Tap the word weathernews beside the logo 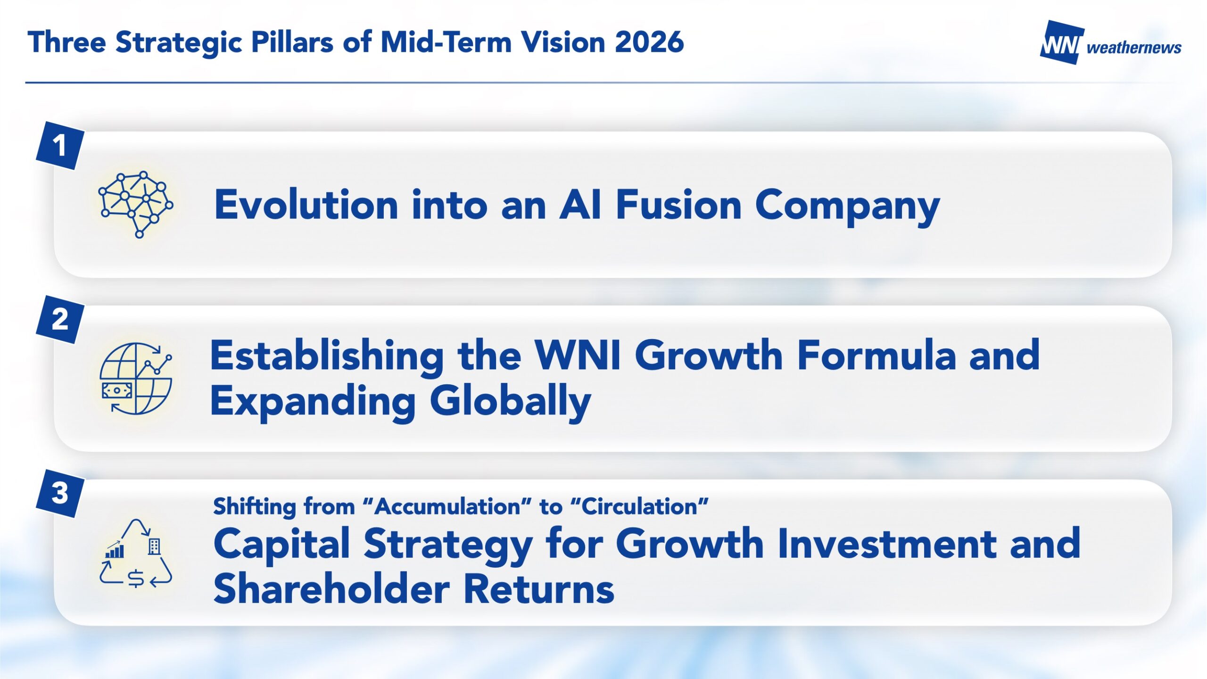[x=1134, y=48]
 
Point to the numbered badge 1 [x=60, y=145]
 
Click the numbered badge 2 [x=60, y=319]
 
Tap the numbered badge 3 [x=60, y=493]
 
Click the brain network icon [x=136, y=204]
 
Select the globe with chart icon [x=136, y=379]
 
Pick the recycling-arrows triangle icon [x=136, y=554]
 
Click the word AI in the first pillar [x=580, y=205]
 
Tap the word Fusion [x=679, y=205]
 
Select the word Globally [x=510, y=401]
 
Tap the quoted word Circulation [x=639, y=507]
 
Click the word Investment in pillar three [x=887, y=544]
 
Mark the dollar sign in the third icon [x=136, y=579]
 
